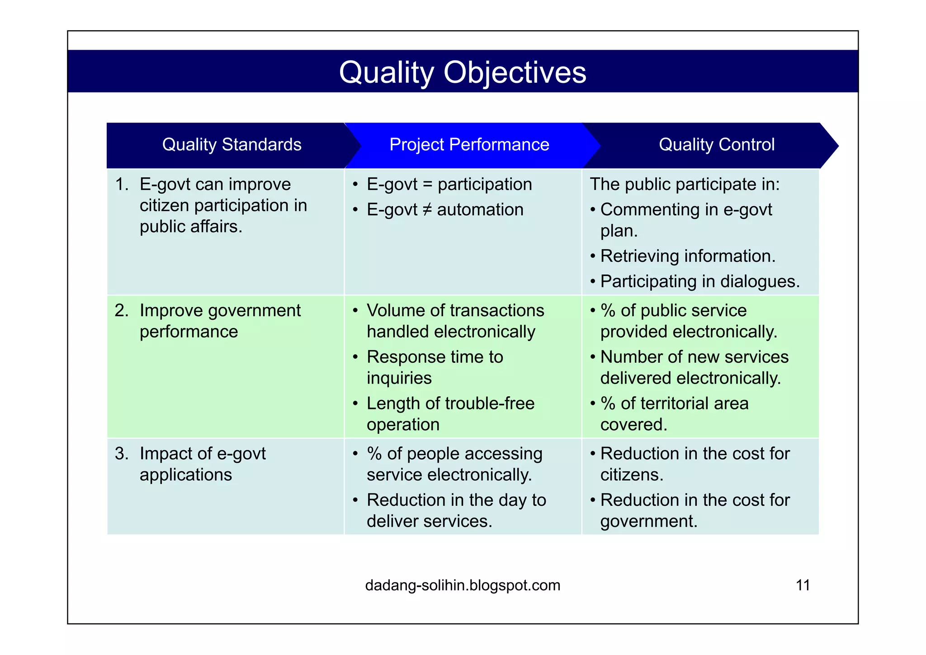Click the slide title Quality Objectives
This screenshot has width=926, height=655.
click(462, 72)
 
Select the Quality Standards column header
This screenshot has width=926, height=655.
click(231, 145)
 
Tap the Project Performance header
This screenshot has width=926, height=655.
click(469, 145)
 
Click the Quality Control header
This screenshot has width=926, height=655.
click(716, 145)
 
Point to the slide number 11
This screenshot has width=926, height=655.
click(803, 585)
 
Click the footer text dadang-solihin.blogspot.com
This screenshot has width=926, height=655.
click(462, 585)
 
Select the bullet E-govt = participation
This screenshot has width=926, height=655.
click(449, 185)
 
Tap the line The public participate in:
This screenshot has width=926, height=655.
click(685, 185)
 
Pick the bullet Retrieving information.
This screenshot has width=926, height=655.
click(687, 256)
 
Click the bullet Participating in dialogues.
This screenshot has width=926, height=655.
click(699, 281)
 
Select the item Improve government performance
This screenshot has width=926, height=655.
click(220, 321)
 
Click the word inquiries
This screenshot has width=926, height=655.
click(399, 378)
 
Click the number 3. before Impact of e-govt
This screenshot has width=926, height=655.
click(122, 454)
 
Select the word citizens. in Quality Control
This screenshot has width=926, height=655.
click(632, 475)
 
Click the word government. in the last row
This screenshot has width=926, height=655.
click(648, 522)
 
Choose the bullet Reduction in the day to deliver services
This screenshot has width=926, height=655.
click(456, 510)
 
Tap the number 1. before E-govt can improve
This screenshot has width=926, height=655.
click(122, 185)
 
